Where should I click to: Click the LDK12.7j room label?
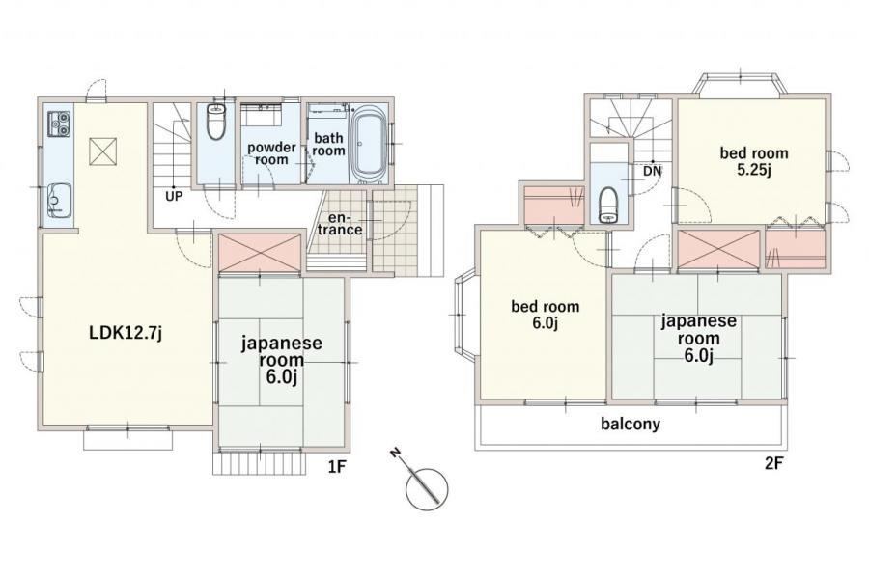coord(126,333)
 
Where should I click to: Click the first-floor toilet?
coord(215,122)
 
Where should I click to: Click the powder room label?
coord(271,153)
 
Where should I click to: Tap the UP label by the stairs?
coord(174,196)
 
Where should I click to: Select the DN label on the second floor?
coord(653,171)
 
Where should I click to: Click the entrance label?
coord(340,223)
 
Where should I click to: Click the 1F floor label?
coord(337,467)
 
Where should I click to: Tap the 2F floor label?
coord(773,463)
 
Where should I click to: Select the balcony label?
coord(631,424)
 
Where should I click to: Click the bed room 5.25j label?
coord(754,161)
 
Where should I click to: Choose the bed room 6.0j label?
coord(546,314)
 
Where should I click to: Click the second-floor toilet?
coord(609,205)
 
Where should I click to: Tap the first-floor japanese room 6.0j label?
coord(282,360)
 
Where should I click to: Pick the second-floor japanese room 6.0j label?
coord(698,338)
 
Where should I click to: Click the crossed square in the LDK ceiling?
coord(103,150)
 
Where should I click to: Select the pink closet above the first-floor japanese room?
coord(260,253)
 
